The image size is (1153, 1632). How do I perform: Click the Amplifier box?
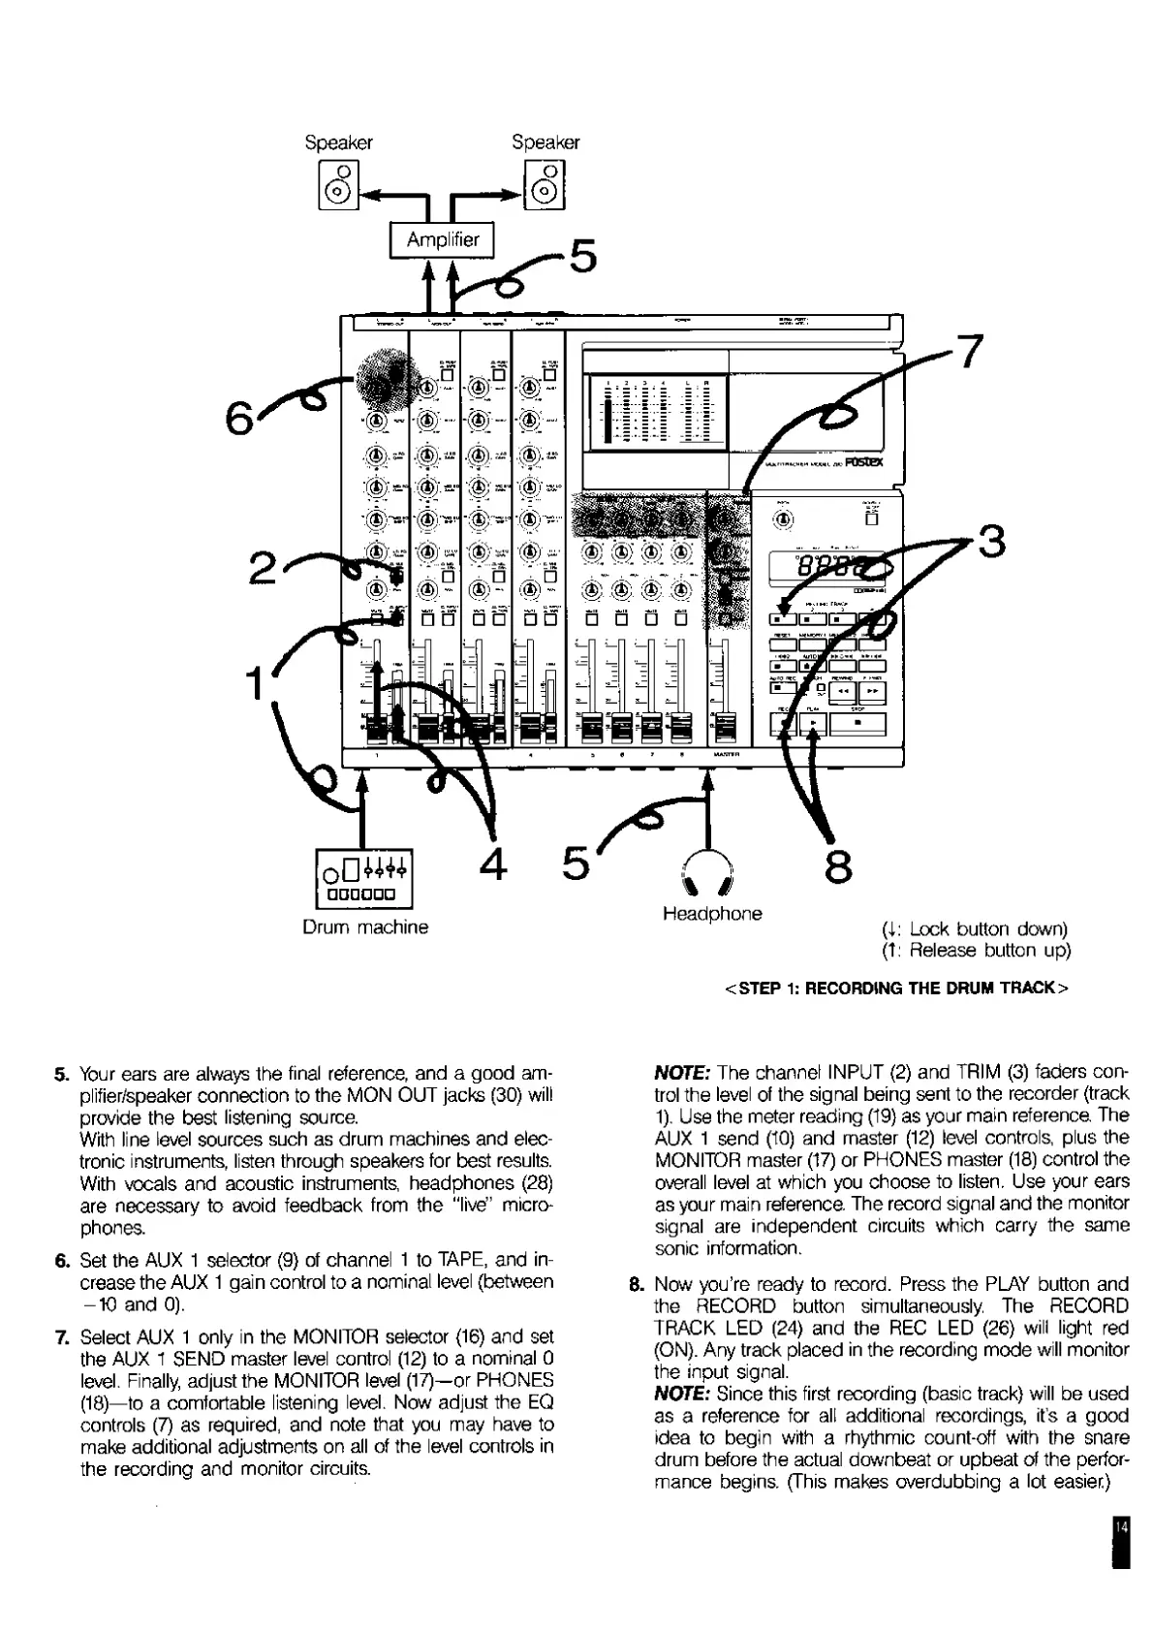click(442, 240)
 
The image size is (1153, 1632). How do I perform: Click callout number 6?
click(238, 419)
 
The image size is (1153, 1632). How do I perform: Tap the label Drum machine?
click(365, 927)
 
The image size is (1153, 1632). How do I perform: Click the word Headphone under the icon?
click(712, 914)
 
